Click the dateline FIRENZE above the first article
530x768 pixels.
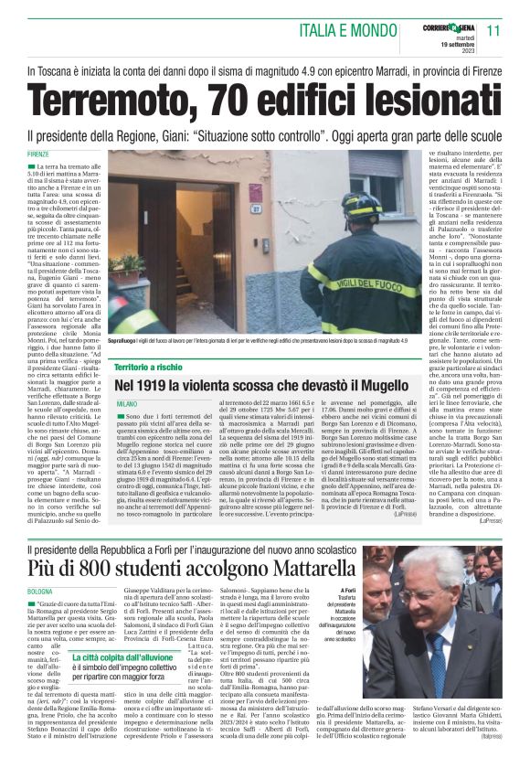[x=38, y=154]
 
